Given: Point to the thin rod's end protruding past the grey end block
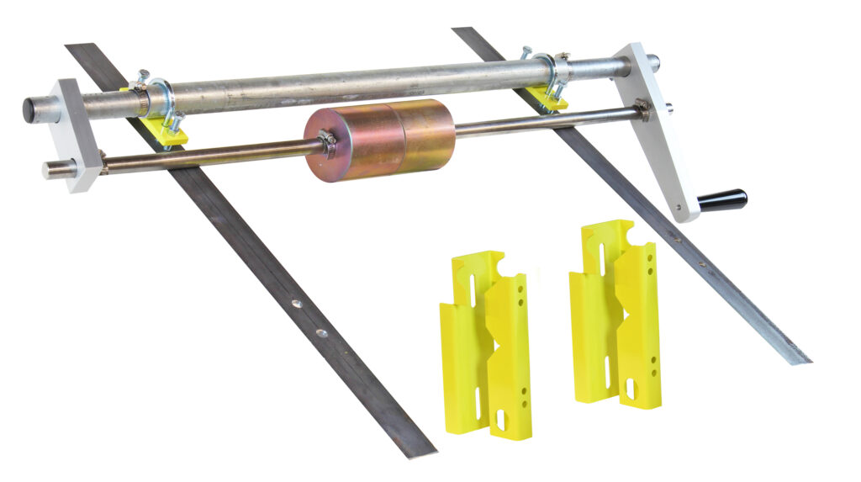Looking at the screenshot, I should pyautogui.click(x=50, y=171).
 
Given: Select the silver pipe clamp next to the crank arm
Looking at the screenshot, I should pyautogui.click(x=546, y=72).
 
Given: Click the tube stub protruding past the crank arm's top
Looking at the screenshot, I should pyautogui.click(x=652, y=61).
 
